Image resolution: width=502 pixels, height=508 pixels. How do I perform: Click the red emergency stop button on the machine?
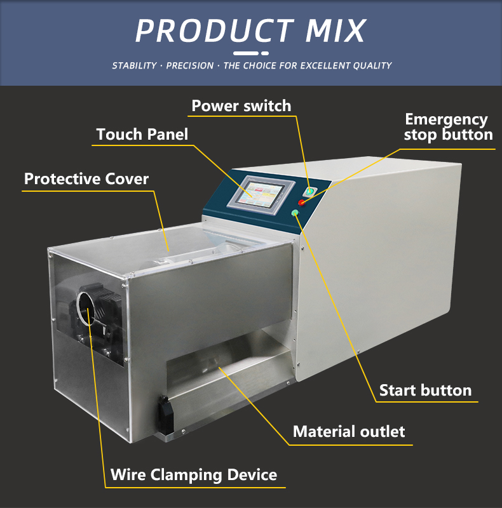302,203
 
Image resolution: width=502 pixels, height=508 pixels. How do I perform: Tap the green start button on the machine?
295,213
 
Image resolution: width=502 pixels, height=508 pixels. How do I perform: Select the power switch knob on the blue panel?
309,192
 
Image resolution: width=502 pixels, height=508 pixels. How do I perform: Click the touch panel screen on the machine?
260,194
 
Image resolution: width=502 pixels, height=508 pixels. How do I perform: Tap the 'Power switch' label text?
241,106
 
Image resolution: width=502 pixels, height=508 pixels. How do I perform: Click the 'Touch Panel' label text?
142,134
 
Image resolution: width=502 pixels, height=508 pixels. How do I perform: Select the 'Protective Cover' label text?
86,179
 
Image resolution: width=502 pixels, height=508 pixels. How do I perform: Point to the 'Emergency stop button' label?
449,128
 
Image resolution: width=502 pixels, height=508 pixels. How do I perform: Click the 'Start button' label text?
426,390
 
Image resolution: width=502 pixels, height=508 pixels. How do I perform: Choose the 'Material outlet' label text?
349,432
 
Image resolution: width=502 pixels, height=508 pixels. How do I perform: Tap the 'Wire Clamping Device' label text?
194,475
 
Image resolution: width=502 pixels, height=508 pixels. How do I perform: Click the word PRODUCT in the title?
214,30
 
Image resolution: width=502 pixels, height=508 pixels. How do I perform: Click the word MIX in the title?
336,30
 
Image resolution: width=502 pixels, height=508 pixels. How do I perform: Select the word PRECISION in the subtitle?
190,66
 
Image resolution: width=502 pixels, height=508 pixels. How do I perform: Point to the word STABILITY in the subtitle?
134,66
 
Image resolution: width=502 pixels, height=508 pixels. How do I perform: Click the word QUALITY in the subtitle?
372,66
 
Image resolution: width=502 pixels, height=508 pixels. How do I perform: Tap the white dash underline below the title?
250,53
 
